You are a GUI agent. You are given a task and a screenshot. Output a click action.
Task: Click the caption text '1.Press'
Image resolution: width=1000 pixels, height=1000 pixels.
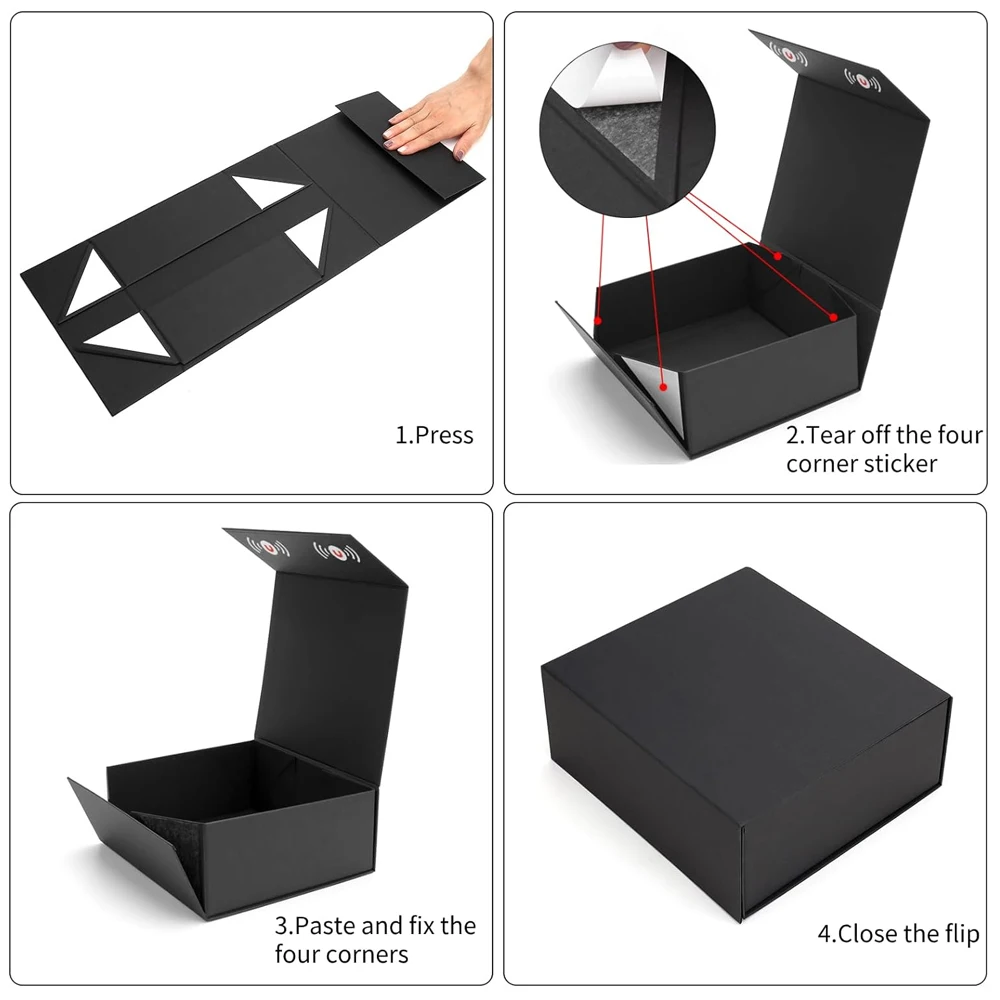coord(433,435)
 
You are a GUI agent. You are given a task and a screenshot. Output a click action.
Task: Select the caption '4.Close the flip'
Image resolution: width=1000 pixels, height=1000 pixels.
coord(898,935)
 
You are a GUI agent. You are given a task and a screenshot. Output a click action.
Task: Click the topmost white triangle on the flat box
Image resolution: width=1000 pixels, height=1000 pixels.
coord(261,193)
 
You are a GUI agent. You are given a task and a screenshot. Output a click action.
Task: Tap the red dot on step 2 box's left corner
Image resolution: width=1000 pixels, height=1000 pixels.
coord(598,322)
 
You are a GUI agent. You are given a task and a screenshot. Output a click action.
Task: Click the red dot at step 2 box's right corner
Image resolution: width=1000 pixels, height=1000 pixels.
coord(833,317)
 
